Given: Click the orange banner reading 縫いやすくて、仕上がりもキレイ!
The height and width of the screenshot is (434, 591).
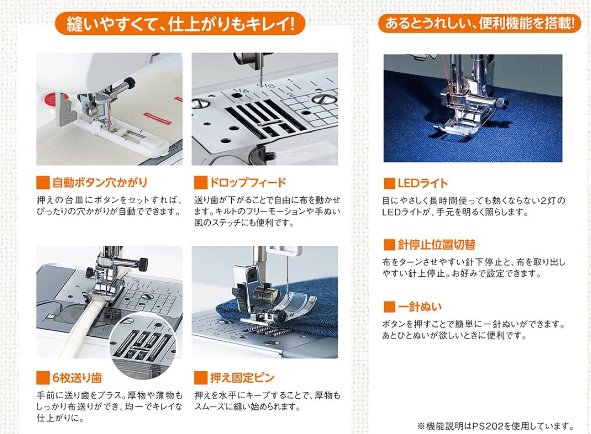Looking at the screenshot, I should click(180, 23).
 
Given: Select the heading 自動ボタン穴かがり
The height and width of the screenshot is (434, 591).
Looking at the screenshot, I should click(99, 183).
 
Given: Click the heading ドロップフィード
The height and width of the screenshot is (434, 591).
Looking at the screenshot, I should click(247, 183).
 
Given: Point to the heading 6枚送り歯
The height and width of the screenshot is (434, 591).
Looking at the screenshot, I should click(77, 378).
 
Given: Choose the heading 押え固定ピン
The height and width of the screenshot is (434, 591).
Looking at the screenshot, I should click(242, 378).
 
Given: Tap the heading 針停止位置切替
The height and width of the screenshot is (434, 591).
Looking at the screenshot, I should click(436, 245).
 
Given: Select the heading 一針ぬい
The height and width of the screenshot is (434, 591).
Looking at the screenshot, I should click(420, 307).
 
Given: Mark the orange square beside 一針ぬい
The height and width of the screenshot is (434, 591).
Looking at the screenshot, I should click(389, 307).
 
